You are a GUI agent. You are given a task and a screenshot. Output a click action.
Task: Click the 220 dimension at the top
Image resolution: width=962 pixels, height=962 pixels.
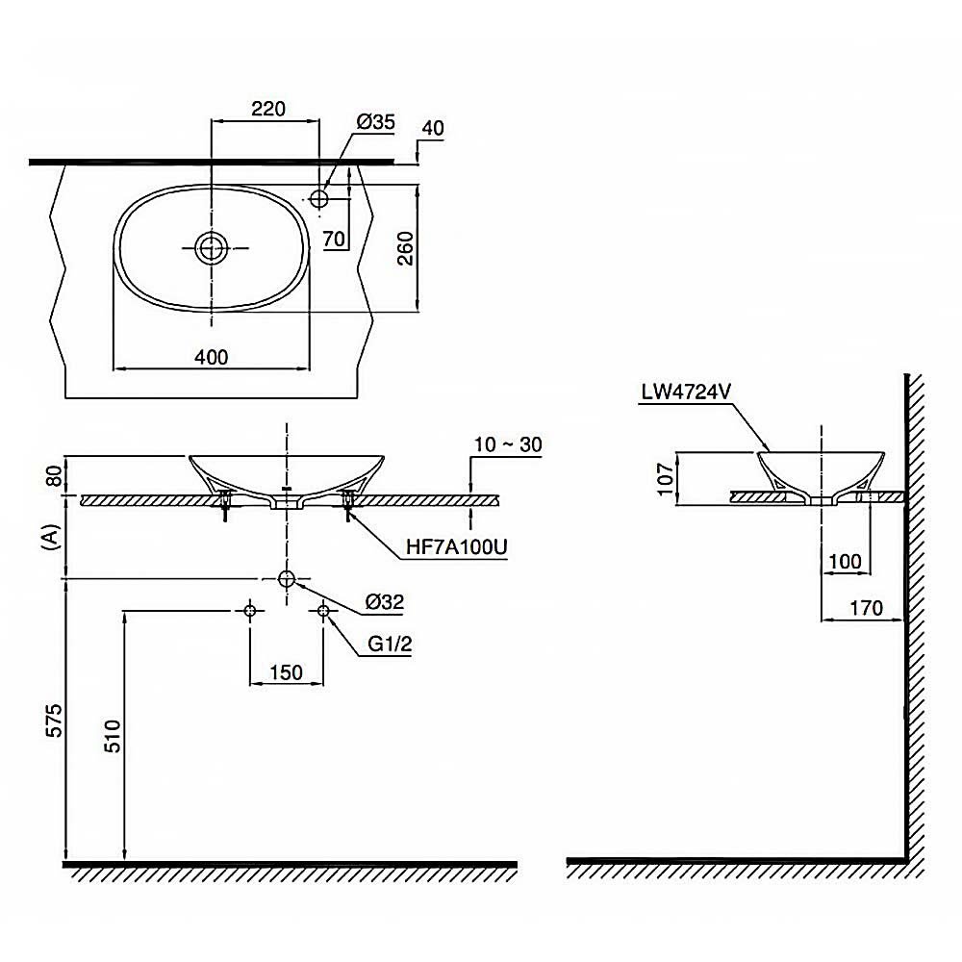[268, 109]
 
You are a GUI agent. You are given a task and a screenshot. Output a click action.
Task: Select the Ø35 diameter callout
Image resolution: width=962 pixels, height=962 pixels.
[376, 121]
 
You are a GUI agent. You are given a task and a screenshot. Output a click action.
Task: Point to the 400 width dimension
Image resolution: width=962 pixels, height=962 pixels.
[211, 357]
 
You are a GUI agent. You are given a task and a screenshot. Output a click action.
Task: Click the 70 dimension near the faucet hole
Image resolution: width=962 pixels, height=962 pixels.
[335, 240]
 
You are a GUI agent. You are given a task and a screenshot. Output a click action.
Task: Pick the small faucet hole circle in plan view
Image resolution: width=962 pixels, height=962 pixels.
[319, 198]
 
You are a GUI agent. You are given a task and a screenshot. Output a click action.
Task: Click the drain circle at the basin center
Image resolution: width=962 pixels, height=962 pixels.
[211, 248]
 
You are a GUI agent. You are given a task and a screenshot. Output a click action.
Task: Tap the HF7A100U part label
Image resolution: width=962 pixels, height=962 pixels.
[456, 547]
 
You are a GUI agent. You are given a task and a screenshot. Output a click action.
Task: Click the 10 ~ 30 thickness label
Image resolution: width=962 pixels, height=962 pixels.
[509, 444]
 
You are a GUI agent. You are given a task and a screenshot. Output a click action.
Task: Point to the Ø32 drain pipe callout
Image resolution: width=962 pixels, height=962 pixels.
[385, 602]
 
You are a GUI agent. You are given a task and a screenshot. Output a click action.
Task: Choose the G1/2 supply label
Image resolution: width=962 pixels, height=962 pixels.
[390, 645]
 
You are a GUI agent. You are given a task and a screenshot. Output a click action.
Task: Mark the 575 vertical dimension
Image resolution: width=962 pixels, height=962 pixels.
[54, 721]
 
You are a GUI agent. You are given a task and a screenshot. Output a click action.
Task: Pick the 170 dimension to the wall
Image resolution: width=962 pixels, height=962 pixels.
[867, 608]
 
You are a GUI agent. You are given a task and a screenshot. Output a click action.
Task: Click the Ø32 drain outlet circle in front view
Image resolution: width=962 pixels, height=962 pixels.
[286, 578]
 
